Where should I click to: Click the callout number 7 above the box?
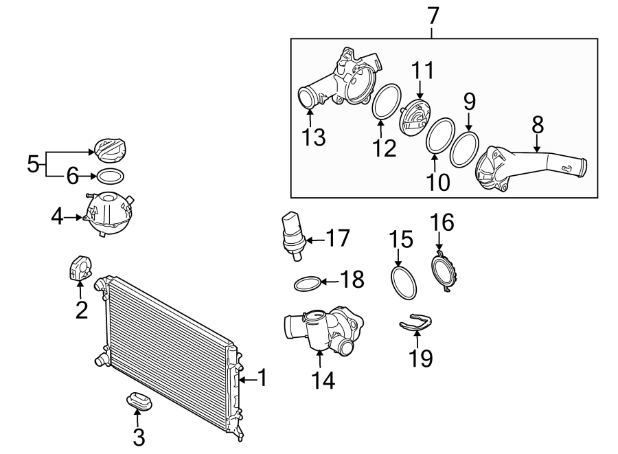tap(433, 14)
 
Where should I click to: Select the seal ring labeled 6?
tap(110, 176)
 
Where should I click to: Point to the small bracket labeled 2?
tap(81, 268)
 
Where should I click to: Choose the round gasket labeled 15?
tap(404, 282)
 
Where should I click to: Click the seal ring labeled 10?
tap(439, 137)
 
